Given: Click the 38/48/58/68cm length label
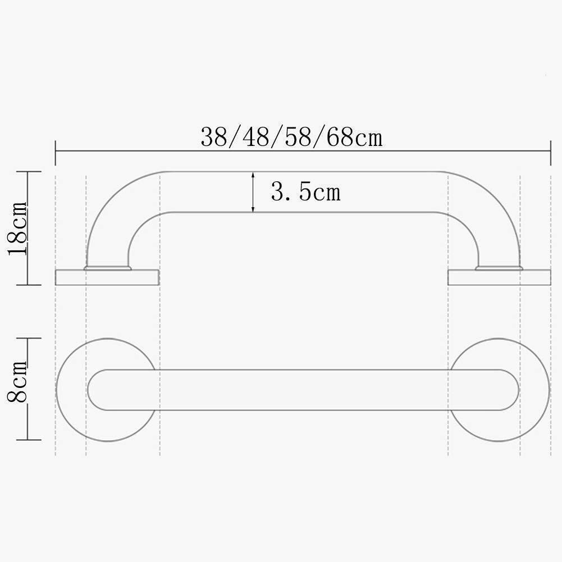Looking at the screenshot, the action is point(291,137).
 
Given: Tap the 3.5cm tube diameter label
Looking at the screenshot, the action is point(305,192).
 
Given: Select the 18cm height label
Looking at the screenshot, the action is point(17,229).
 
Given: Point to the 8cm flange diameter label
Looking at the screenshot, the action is point(17,381).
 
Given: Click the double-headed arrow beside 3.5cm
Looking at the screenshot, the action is point(253,192).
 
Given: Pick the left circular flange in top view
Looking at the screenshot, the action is point(107,390).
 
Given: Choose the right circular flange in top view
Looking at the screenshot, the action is point(498,390).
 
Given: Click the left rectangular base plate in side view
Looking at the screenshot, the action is point(107,277).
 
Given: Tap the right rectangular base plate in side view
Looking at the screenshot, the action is point(499,277).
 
